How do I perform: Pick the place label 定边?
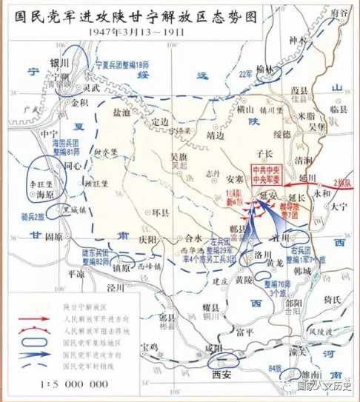click(159, 123)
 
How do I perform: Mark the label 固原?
click(53, 237)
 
